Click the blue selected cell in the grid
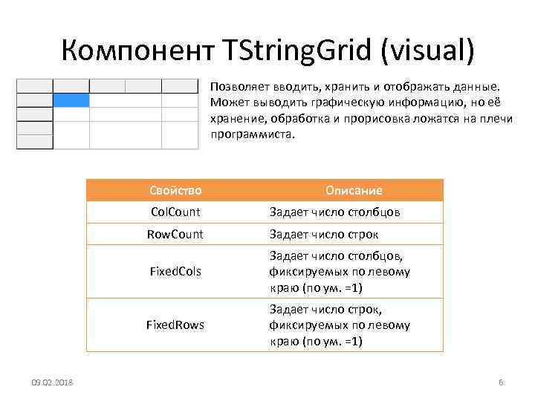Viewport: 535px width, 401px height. [x=71, y=100]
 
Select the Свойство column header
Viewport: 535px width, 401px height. [x=175, y=190]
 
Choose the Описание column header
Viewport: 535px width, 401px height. [x=354, y=190]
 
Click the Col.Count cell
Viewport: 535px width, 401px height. [x=175, y=212]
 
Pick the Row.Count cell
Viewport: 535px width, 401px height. [x=175, y=235]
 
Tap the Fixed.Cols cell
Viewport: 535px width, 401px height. [x=175, y=272]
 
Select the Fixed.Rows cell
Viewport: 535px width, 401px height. [x=175, y=325]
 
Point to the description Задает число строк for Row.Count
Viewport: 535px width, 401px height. [x=324, y=235]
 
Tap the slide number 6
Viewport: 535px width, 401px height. [x=501, y=382]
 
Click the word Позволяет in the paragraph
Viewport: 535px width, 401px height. [x=237, y=87]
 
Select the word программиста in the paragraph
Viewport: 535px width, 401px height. [x=253, y=136]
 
